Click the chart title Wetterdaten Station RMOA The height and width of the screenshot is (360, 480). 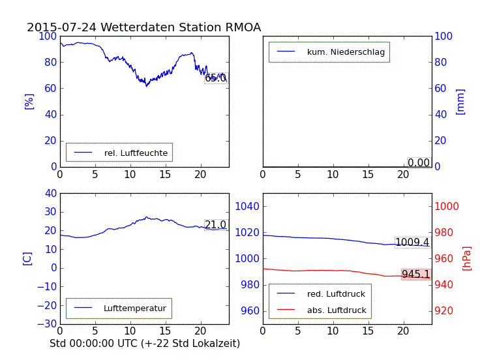[x=143, y=27]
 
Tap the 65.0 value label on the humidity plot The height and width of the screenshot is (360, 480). [x=215, y=78]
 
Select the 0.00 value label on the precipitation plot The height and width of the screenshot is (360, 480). [x=419, y=162]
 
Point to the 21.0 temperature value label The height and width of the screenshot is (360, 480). [x=215, y=225]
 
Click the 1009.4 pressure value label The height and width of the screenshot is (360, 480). [x=412, y=243]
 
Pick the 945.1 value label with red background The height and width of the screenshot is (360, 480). [x=415, y=275]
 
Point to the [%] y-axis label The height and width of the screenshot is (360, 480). [x=29, y=101]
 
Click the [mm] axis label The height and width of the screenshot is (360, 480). [x=460, y=101]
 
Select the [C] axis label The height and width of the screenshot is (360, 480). [x=27, y=258]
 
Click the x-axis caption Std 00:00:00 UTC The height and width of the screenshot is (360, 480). [x=145, y=343]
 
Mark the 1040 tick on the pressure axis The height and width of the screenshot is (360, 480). [x=248, y=206]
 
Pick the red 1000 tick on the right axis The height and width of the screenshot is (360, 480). [x=447, y=206]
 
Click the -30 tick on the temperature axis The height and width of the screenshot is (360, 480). [x=46, y=324]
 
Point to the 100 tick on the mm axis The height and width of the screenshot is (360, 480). [x=444, y=36]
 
